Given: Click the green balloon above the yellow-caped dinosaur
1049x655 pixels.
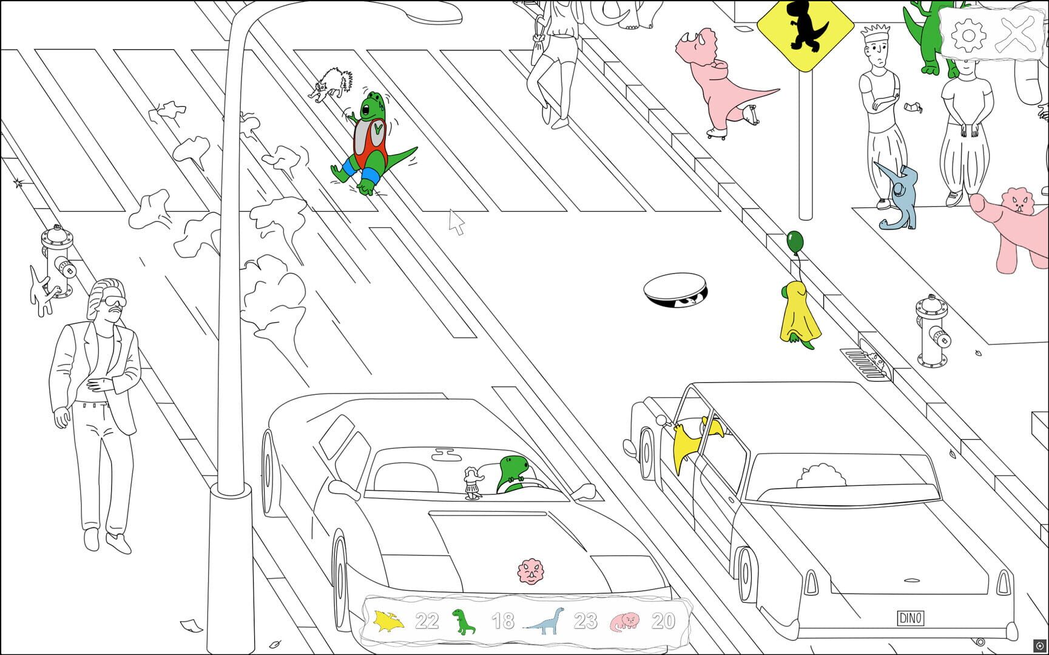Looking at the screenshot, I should pos(795,242).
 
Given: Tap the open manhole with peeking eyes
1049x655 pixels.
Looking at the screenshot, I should pos(675,291).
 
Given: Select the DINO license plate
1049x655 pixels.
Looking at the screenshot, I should pos(910,618).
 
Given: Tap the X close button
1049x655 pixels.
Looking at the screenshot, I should pos(1017,34).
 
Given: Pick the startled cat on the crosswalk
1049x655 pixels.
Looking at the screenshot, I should pos(331,84).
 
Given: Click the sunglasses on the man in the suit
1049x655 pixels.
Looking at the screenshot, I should pos(113,302).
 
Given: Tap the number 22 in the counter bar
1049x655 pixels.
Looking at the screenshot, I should pos(427,621).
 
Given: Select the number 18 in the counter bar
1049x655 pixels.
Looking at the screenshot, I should pos(503,621).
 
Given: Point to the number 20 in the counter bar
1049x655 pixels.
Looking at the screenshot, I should pos(663,621).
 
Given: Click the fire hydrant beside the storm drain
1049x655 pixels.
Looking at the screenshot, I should pos(932,331).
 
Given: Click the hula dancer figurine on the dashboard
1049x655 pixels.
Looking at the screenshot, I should pos(472,483).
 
